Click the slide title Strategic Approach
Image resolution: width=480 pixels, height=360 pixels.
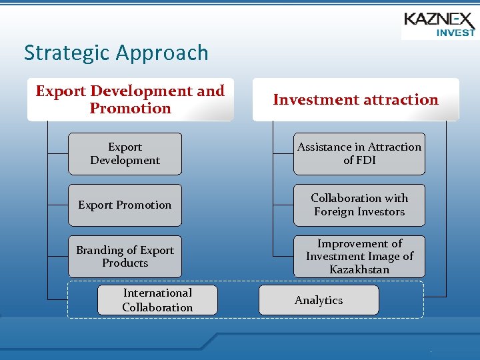pyautogui.click(x=116, y=53)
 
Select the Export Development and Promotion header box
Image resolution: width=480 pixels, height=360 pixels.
pyautogui.click(x=130, y=100)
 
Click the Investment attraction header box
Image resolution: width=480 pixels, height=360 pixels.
pyautogui.click(x=355, y=100)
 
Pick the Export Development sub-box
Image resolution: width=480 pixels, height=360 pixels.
pyautogui.click(x=125, y=154)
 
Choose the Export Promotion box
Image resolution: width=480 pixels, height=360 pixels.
pyautogui.click(x=125, y=205)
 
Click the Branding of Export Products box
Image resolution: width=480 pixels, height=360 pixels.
pyautogui.click(x=125, y=257)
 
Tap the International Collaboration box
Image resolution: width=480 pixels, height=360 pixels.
pyautogui.click(x=157, y=300)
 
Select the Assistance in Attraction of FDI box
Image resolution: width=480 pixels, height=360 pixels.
pyautogui.click(x=359, y=154)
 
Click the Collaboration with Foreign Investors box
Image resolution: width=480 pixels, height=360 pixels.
pyautogui.click(x=359, y=205)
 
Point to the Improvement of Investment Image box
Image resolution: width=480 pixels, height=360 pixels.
pyautogui.click(x=359, y=257)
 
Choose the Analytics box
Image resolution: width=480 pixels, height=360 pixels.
pyautogui.click(x=319, y=300)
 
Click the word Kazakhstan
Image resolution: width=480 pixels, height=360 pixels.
pyautogui.click(x=359, y=269)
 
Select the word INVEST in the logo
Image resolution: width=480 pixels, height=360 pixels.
pyautogui.click(x=455, y=31)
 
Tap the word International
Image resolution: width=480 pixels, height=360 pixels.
pyautogui.click(x=157, y=293)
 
